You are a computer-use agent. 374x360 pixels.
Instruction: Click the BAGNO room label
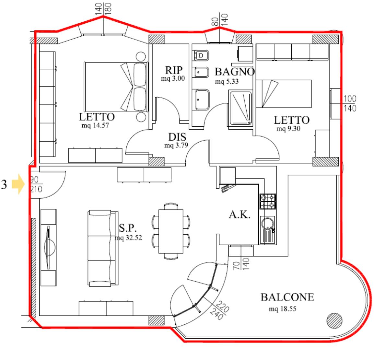pyautogui.click(x=235, y=72)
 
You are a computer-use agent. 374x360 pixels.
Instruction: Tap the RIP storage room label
pyautogui.click(x=174, y=70)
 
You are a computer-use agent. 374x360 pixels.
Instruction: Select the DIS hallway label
pyautogui.click(x=177, y=137)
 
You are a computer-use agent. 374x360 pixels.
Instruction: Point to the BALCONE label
pyautogui.click(x=287, y=297)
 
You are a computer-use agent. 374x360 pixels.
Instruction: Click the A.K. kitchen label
pyautogui.click(x=240, y=215)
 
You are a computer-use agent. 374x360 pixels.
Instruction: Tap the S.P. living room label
pyautogui.click(x=128, y=228)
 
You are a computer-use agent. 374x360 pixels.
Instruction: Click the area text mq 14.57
pyautogui.click(x=95, y=125)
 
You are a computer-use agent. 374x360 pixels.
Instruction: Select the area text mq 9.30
pyautogui.click(x=288, y=129)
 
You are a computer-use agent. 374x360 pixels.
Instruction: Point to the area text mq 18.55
pyautogui.click(x=282, y=309)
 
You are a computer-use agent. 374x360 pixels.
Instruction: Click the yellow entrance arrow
pyautogui.click(x=18, y=184)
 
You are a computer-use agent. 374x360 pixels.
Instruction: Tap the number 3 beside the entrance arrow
pyautogui.click(x=4, y=184)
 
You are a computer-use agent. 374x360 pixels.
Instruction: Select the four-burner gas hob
pyautogui.click(x=268, y=202)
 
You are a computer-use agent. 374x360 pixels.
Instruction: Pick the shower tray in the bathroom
pyautogui.click(x=240, y=108)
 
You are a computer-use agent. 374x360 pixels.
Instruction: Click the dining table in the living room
pyautogui.click(x=171, y=231)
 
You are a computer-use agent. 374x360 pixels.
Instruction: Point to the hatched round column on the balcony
pyautogui.click(x=334, y=321)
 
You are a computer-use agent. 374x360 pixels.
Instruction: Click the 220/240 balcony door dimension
pyautogui.click(x=220, y=310)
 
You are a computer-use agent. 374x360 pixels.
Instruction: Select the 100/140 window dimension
pyautogui.click(x=350, y=103)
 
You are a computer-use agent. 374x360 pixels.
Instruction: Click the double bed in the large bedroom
pyautogui.click(x=116, y=87)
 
